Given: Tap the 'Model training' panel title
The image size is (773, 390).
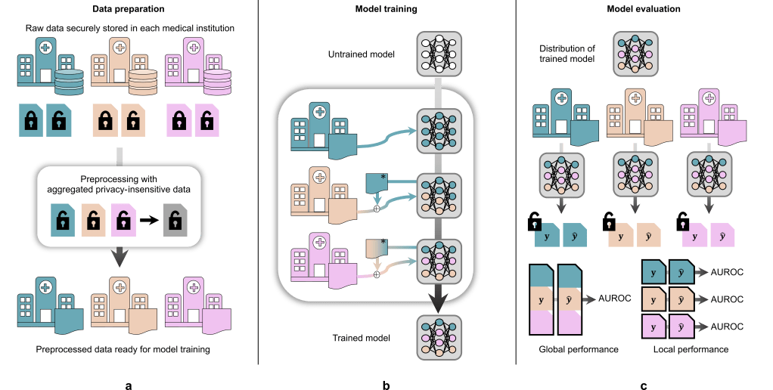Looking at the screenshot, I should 386,9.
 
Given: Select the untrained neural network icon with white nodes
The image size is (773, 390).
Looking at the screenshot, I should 439,54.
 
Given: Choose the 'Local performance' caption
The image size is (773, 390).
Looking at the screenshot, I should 690,350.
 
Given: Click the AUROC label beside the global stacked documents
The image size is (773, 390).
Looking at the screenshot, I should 614,297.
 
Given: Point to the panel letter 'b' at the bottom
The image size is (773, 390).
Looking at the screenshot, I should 386,385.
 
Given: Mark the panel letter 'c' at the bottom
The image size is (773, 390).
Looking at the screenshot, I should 644,385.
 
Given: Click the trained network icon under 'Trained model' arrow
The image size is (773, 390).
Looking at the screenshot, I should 439,337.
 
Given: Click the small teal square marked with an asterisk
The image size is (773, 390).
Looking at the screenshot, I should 377,182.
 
